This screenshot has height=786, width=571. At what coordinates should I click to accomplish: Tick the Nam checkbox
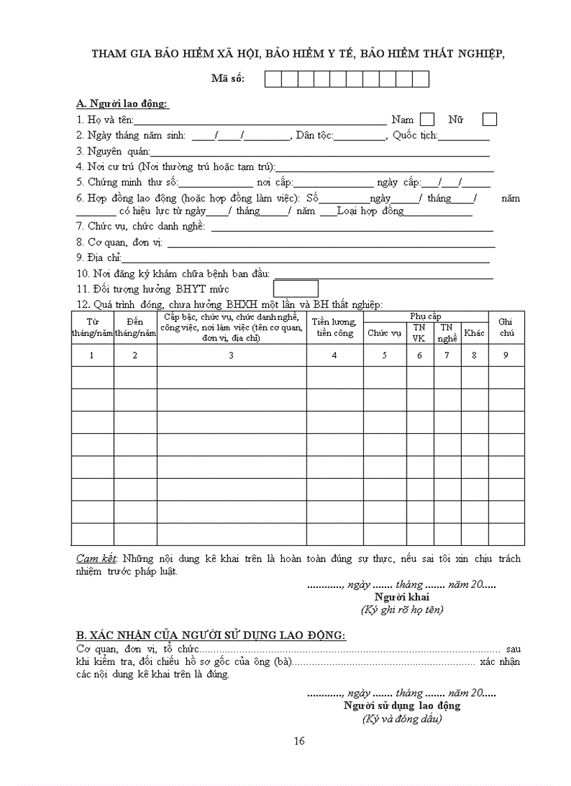click(427, 119)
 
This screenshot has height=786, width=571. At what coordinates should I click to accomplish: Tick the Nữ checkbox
click(490, 119)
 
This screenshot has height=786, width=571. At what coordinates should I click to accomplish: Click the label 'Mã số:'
click(227, 79)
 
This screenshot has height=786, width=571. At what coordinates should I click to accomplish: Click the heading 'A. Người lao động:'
click(122, 104)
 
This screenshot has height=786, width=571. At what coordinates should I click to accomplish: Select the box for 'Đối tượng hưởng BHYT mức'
click(295, 288)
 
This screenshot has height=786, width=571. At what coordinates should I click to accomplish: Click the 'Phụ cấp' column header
click(425, 316)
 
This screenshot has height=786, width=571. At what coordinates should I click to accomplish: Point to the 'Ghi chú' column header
click(506, 327)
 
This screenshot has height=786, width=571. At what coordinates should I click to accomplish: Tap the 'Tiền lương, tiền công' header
click(334, 328)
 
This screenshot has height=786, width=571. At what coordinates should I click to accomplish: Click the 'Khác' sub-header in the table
click(474, 333)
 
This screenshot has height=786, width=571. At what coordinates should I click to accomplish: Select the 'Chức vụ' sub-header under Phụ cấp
click(384, 333)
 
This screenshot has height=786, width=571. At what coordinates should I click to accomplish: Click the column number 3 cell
click(231, 355)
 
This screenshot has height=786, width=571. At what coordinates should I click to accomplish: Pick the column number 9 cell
click(506, 355)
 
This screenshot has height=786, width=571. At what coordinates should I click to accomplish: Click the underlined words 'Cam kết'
click(97, 559)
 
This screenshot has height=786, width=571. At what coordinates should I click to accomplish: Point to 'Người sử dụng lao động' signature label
click(402, 706)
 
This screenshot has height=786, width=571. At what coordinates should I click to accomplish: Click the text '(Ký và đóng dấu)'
click(402, 719)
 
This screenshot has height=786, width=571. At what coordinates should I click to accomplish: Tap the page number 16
click(299, 741)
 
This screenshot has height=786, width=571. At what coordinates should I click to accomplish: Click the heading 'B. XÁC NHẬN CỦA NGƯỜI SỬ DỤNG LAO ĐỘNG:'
click(211, 636)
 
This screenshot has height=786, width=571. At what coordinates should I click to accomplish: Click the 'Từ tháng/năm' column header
click(92, 328)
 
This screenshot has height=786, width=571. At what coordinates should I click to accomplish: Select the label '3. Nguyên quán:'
click(113, 150)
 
